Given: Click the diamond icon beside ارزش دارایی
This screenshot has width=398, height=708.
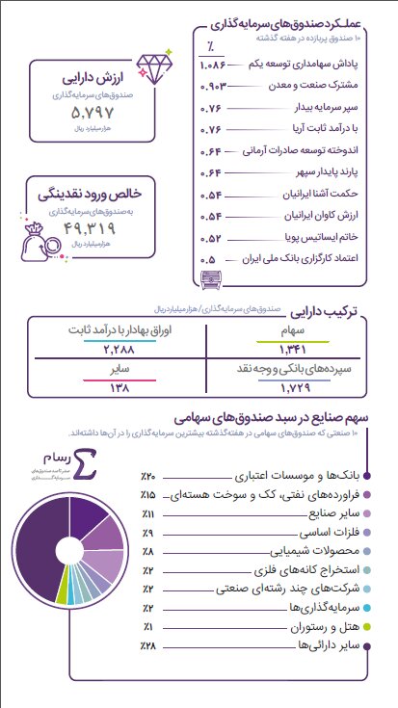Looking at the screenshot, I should [151, 66].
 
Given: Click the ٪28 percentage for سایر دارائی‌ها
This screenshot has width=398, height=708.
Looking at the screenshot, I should [149, 644].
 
